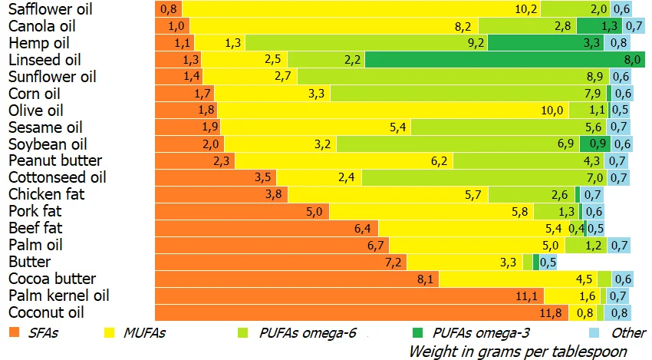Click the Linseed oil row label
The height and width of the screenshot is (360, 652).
tap(44, 59)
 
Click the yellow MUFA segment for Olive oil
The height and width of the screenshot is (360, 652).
tap(391, 110)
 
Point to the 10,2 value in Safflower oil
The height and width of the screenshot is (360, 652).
tap(526, 9)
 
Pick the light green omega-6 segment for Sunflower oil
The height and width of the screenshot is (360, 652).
tap(453, 76)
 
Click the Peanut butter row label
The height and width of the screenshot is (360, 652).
tap(55, 160)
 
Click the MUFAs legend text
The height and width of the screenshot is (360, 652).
tap(147, 333)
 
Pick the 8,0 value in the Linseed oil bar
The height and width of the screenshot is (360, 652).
tap(633, 59)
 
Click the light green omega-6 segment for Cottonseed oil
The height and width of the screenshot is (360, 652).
tap(483, 177)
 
